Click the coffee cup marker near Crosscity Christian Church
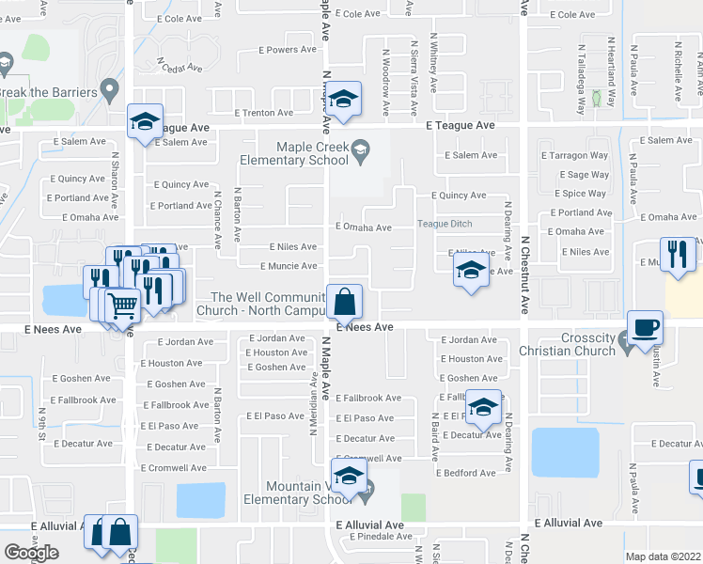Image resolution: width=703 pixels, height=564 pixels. (x=646, y=329)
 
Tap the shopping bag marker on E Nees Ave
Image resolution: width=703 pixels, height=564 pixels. (x=345, y=303)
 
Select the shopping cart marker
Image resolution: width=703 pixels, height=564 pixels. (x=123, y=305)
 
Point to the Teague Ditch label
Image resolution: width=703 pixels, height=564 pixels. (x=445, y=224)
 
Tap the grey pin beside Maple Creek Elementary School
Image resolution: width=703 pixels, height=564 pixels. (x=358, y=150)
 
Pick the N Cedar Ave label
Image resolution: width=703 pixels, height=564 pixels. (x=181, y=68)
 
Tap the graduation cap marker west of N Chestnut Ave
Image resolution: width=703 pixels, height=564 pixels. (x=470, y=273)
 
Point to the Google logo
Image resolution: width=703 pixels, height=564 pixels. (x=31, y=553)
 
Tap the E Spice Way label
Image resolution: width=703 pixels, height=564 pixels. (x=583, y=194)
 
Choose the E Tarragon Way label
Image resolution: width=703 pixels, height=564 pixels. (x=574, y=155)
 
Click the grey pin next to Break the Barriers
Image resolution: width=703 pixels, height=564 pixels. (x=111, y=92)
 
